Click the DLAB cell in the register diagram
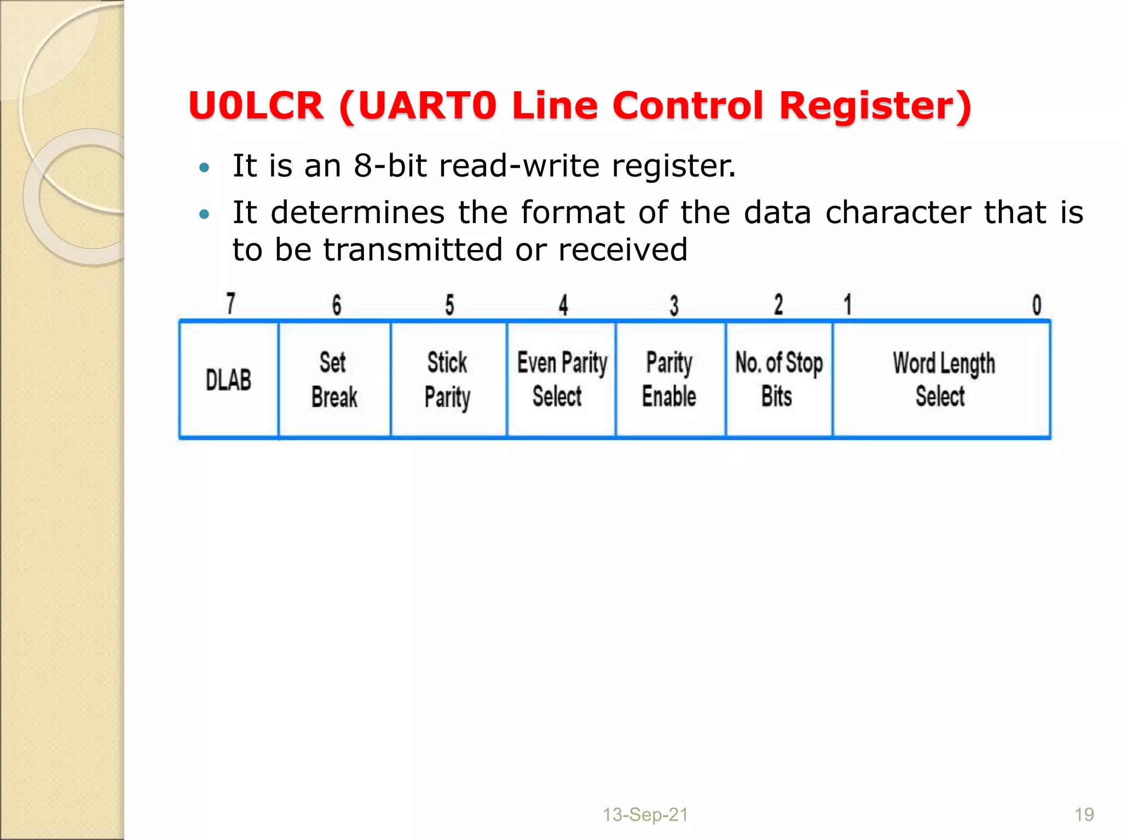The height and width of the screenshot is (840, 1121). click(229, 380)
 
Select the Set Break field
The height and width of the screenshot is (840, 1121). click(334, 380)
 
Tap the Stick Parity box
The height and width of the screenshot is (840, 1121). click(448, 380)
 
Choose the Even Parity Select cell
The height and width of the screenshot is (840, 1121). click(562, 380)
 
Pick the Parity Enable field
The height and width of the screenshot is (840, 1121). click(670, 380)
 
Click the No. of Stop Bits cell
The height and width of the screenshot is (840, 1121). click(778, 380)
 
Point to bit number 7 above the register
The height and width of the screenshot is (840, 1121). click(231, 304)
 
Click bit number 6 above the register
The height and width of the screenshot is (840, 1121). click(337, 305)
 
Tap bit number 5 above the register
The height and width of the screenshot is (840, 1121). click(449, 305)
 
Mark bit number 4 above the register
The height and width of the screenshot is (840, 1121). click(563, 305)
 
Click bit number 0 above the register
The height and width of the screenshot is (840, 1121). click(1037, 305)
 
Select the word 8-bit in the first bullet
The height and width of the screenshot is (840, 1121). click(390, 166)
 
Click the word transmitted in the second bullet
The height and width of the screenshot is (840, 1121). click(412, 250)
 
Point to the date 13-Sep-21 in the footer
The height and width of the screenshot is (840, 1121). click(645, 815)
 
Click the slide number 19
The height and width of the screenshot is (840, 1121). click(1084, 815)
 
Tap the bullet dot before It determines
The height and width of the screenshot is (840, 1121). click(204, 214)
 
